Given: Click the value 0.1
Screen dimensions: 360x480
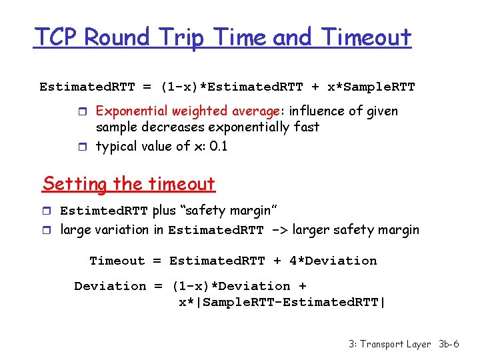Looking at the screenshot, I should click(218, 146).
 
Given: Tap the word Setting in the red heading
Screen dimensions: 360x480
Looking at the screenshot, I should click(75, 183).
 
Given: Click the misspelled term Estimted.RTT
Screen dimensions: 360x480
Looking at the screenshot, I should click(104, 211).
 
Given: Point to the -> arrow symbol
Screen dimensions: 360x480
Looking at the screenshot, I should click(279, 231).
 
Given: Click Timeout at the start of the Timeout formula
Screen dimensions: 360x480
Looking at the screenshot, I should click(117, 261).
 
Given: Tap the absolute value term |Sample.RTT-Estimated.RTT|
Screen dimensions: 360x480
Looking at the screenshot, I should click(282, 302).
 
